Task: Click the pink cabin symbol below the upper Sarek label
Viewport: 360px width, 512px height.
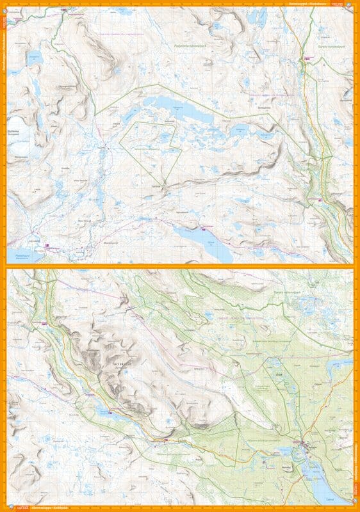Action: point(307,59)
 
